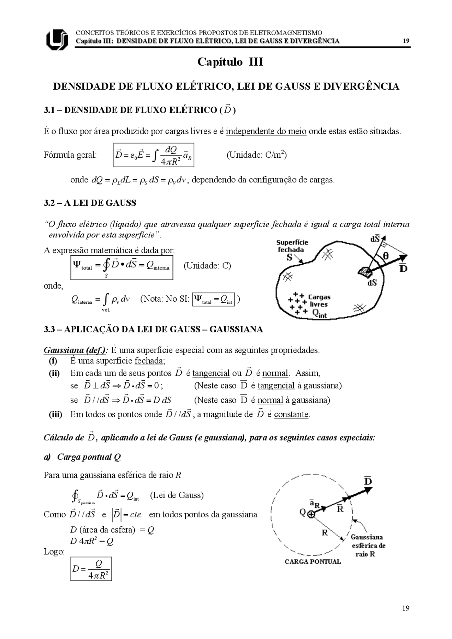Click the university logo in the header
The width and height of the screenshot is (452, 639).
pos(56,39)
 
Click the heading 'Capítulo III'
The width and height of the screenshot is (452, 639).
pos(230,62)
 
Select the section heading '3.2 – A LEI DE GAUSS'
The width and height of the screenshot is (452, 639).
pos(90,203)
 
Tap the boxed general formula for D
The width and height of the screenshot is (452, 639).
pos(154,155)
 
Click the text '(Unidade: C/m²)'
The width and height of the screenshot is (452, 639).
pos(256,155)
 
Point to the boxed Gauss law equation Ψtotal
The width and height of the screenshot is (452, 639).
pos(121,268)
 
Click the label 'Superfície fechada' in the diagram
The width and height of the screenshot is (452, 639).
pos(292,246)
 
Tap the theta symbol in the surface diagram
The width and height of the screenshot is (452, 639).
pos(386,256)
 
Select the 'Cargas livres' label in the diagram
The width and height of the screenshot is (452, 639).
pos(319,301)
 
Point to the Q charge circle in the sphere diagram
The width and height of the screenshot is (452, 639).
pos(311,514)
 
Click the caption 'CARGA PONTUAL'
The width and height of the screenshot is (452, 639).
pos(313,562)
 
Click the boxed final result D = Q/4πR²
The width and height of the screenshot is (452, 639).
pos(91,568)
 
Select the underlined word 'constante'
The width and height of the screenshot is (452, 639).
pos(291,414)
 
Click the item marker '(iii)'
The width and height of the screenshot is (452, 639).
pos(55,414)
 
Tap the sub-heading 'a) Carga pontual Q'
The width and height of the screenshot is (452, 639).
pos(82,457)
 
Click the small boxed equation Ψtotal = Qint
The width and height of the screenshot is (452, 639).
pos(213,300)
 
